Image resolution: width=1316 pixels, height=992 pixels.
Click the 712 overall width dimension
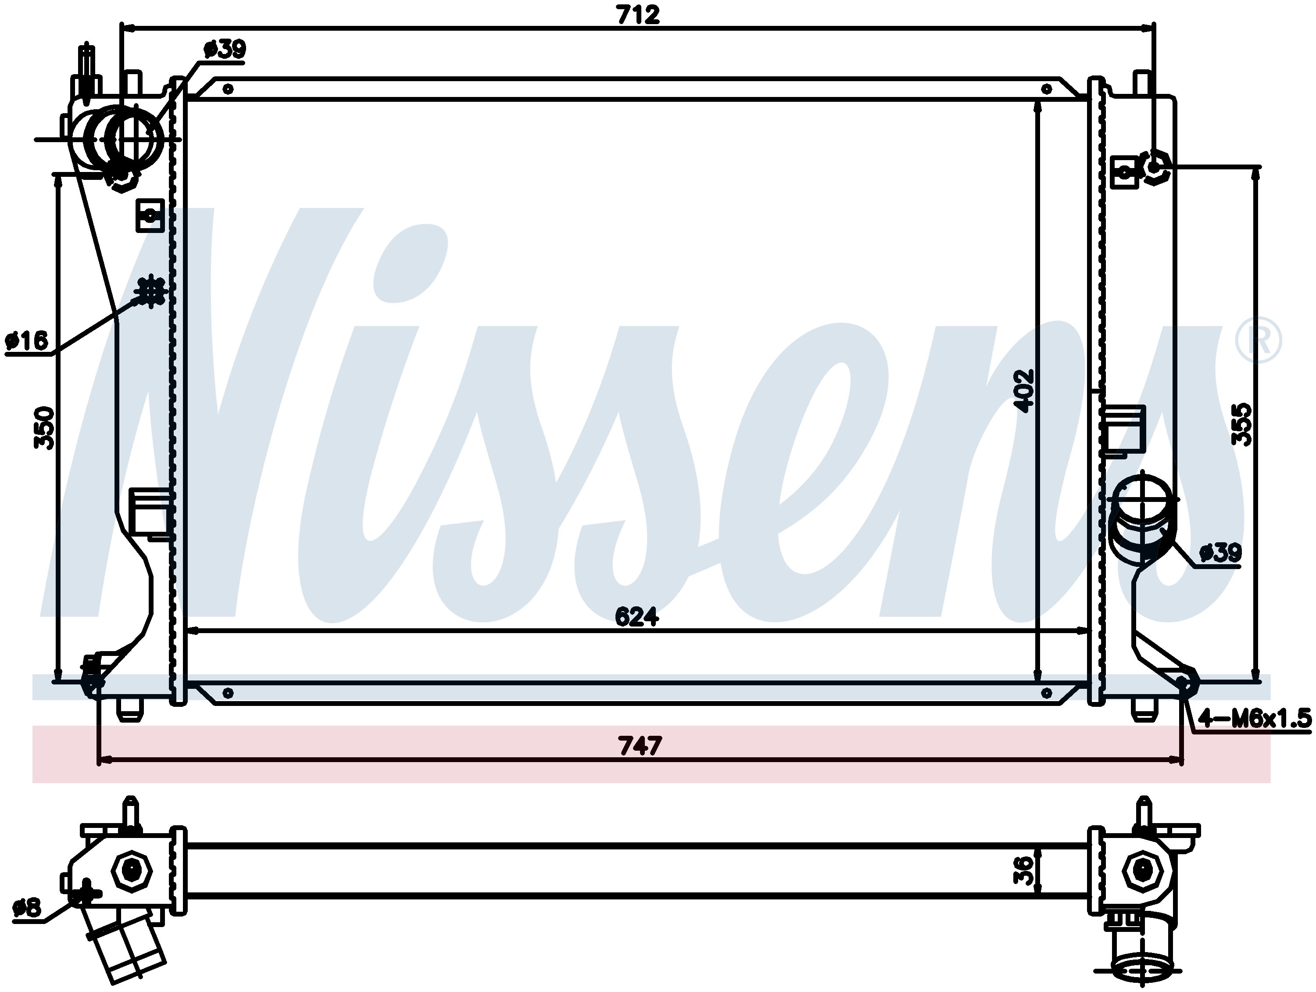638,15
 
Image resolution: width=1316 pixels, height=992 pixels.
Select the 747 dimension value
640,745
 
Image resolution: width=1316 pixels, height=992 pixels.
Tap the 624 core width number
637,617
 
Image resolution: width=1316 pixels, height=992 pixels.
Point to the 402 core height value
1024,391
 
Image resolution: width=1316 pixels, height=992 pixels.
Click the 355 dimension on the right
1241,424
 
